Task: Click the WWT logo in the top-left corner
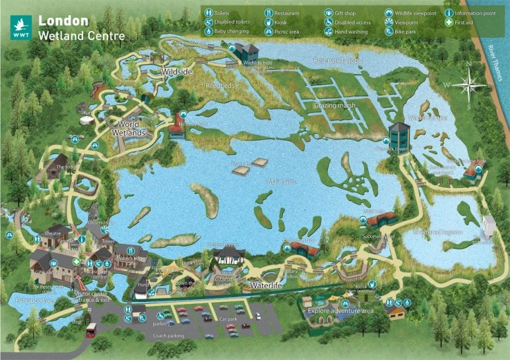(20, 27)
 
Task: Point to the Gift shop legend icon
(328, 13)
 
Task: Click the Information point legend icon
(449, 13)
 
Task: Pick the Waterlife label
(267, 285)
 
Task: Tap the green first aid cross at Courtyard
(76, 261)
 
